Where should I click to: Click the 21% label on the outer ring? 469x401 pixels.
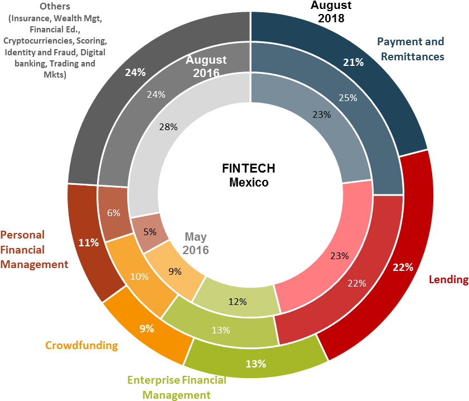coord(353,63)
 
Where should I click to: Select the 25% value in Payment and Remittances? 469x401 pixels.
coord(349,98)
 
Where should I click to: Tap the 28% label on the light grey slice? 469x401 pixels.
coord(168,127)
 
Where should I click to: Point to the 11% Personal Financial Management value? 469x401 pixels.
coord(89,242)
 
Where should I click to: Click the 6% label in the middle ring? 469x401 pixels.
coord(114,212)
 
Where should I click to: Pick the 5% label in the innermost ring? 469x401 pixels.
coord(149,231)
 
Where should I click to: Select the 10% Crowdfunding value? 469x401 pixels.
coord(139,276)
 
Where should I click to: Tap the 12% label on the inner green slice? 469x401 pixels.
coord(238,302)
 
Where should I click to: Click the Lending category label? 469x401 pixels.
coord(448,279)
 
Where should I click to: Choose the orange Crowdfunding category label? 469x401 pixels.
coord(81,345)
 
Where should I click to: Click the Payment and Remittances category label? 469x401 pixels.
coord(410,49)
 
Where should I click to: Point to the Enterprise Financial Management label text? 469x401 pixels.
coord(177,388)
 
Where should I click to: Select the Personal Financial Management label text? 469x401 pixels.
coord(34,249)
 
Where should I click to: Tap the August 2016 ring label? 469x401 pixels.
coord(206,66)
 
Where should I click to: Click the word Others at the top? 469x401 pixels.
coord(55,7)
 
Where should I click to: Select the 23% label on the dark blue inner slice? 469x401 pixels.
coord(322,114)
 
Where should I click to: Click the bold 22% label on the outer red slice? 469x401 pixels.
coord(403,267)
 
